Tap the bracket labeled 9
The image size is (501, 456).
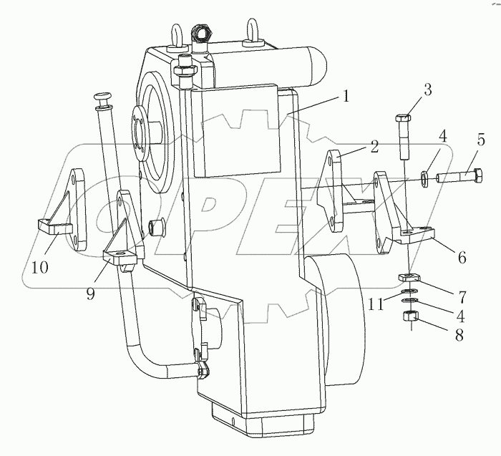pos(125,229)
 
